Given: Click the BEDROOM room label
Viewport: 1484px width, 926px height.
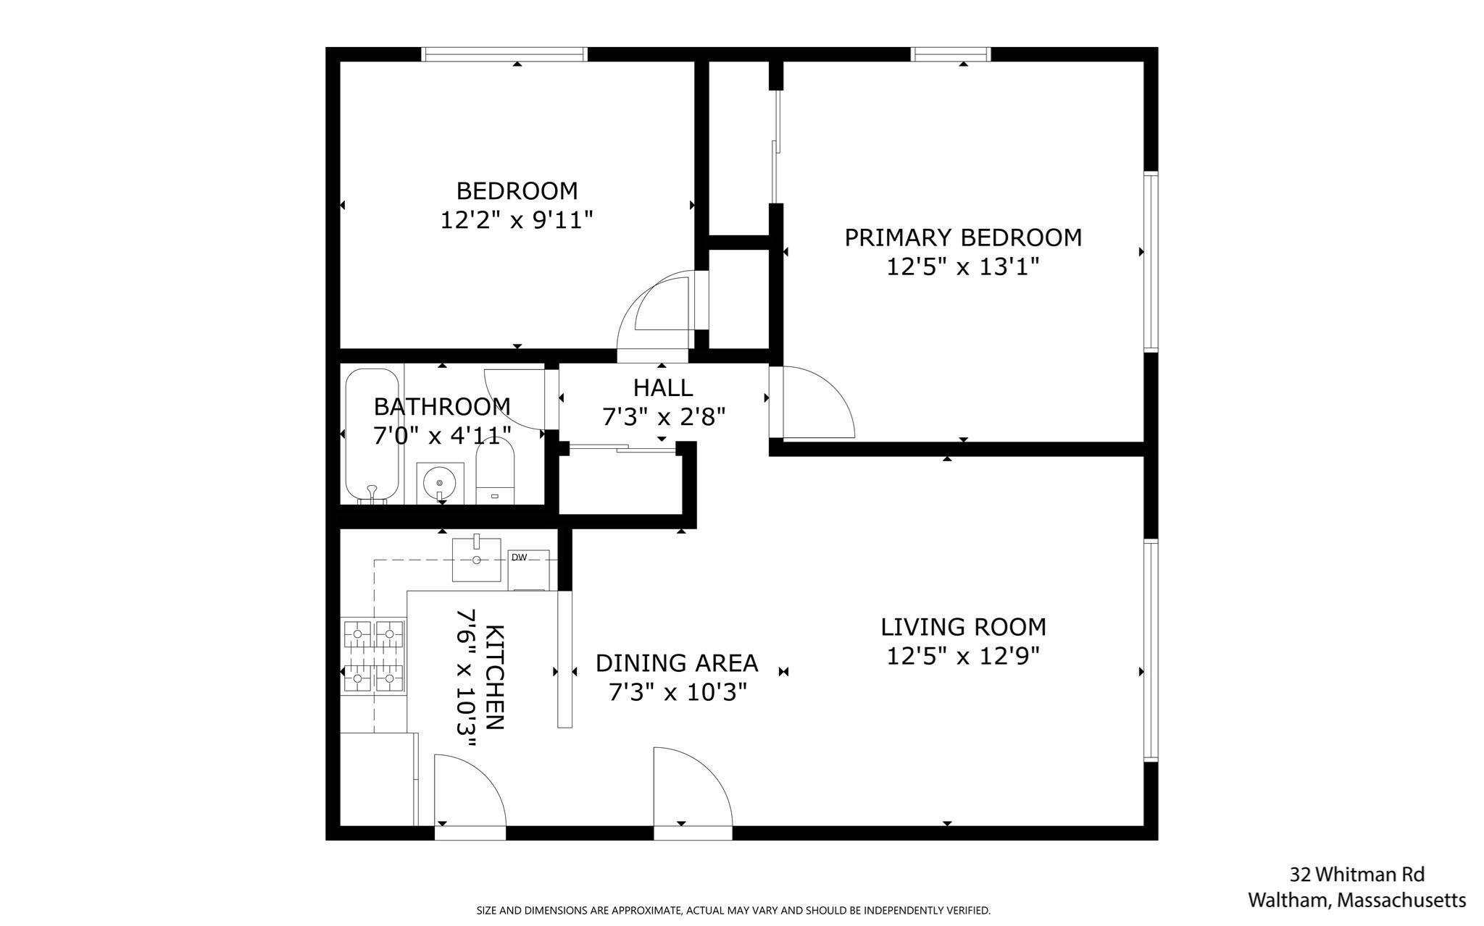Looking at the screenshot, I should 517,190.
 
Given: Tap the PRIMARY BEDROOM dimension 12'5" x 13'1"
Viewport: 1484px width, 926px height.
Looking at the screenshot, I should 963,267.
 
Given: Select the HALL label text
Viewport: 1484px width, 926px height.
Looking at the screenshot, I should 662,387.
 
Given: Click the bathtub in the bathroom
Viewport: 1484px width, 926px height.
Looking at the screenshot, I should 372,436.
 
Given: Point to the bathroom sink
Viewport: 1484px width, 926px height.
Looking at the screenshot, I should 439,482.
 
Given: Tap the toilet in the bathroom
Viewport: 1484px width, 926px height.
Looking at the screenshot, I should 495,474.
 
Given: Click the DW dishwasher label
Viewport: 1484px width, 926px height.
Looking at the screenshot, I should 519,557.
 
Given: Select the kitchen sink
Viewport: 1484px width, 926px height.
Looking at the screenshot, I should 476,559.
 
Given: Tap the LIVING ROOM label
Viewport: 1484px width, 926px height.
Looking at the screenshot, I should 963,626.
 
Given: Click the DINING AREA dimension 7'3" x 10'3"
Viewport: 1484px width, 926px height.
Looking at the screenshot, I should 677,693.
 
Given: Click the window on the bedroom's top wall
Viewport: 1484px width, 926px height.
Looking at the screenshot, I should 504,54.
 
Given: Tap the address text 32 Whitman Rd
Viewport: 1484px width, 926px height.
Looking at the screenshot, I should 1357,875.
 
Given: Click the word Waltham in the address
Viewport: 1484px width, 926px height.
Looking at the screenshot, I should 1287,900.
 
